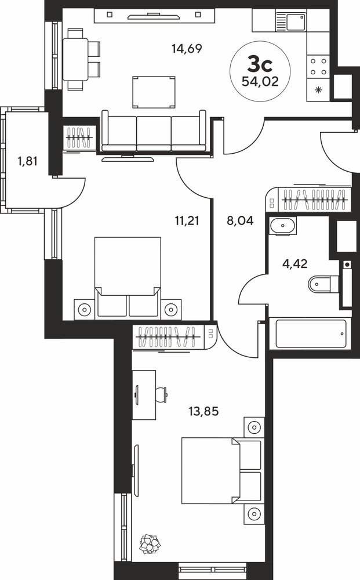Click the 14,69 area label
tap(187, 49)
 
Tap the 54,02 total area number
tap(260, 81)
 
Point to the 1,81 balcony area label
tap(28, 161)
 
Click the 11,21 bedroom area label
tap(187, 221)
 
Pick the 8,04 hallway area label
tap(240, 221)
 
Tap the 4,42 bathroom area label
tap(295, 264)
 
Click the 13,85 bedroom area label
tap(203, 411)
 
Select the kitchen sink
tap(290, 21)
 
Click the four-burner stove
tap(318, 67)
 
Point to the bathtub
tap(311, 334)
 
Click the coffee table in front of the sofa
tap(154, 92)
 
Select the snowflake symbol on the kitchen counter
tap(318, 90)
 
